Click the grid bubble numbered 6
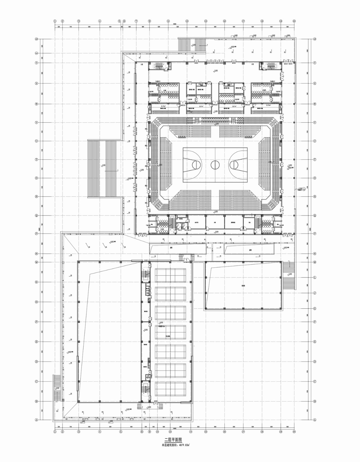tap(124, 21)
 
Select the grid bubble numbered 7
tap(136, 21)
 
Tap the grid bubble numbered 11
tap(168, 21)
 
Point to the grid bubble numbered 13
tap(187, 21)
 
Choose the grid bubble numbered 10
tap(157, 432)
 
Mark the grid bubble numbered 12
tap(170, 432)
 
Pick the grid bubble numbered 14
tap(191, 432)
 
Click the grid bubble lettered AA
tap(36, 53)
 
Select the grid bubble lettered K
tap(36, 282)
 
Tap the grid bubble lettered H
tap(36, 302)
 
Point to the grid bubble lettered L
tap(315, 277)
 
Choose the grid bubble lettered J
tap(315, 293)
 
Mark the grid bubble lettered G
tap(315, 308)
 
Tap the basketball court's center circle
tap(215, 165)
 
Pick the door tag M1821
tap(156, 401)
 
